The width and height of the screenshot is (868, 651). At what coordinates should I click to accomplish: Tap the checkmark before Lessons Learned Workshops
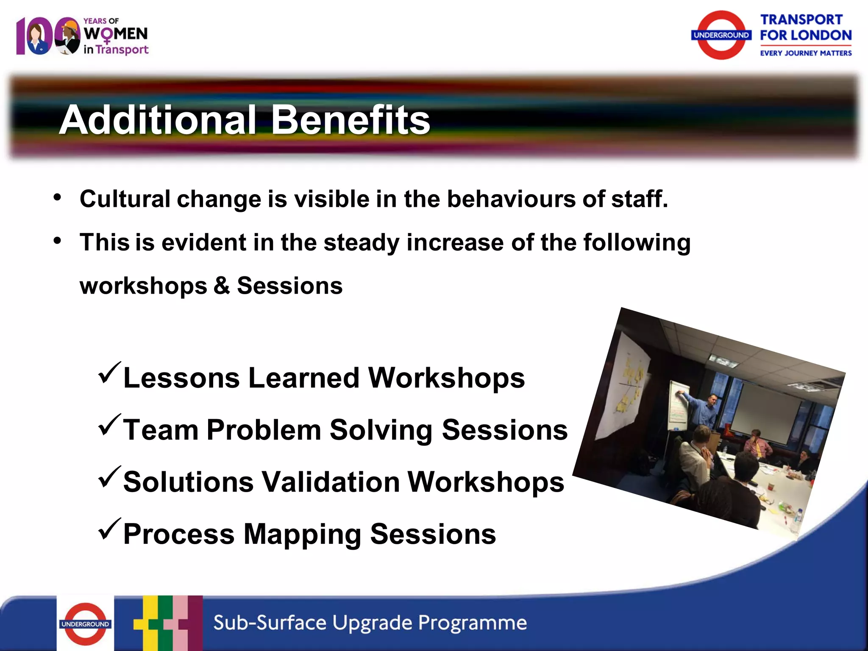[x=109, y=373]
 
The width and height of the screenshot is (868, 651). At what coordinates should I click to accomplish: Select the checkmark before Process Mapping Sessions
[x=109, y=529]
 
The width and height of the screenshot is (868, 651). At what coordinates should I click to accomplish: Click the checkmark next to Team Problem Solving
[x=109, y=426]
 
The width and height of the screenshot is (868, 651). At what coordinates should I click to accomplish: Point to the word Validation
[x=330, y=482]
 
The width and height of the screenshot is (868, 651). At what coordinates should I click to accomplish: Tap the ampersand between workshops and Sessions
[x=222, y=285]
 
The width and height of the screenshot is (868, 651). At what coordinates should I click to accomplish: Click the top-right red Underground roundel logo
[x=721, y=35]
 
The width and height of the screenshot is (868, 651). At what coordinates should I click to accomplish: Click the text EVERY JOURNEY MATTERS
[x=805, y=53]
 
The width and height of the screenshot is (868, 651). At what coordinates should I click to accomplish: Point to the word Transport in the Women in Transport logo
[x=122, y=50]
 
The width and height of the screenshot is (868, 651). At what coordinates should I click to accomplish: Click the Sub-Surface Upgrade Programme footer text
[x=370, y=623]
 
